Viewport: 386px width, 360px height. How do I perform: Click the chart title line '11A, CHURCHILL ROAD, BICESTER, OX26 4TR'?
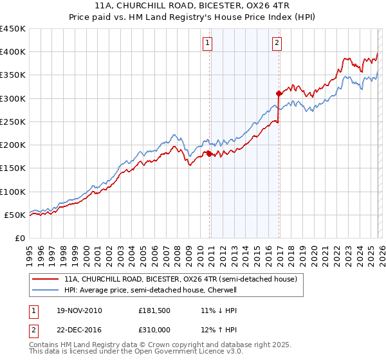[193, 6]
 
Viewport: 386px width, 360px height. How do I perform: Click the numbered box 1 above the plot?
[208, 43]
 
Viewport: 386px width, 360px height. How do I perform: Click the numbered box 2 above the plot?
[277, 43]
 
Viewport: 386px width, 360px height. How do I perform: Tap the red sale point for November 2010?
[210, 154]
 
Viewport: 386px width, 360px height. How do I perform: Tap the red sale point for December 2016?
[279, 93]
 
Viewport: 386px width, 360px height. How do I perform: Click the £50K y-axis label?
[15, 215]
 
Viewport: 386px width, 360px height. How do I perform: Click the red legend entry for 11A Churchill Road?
[180, 280]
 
